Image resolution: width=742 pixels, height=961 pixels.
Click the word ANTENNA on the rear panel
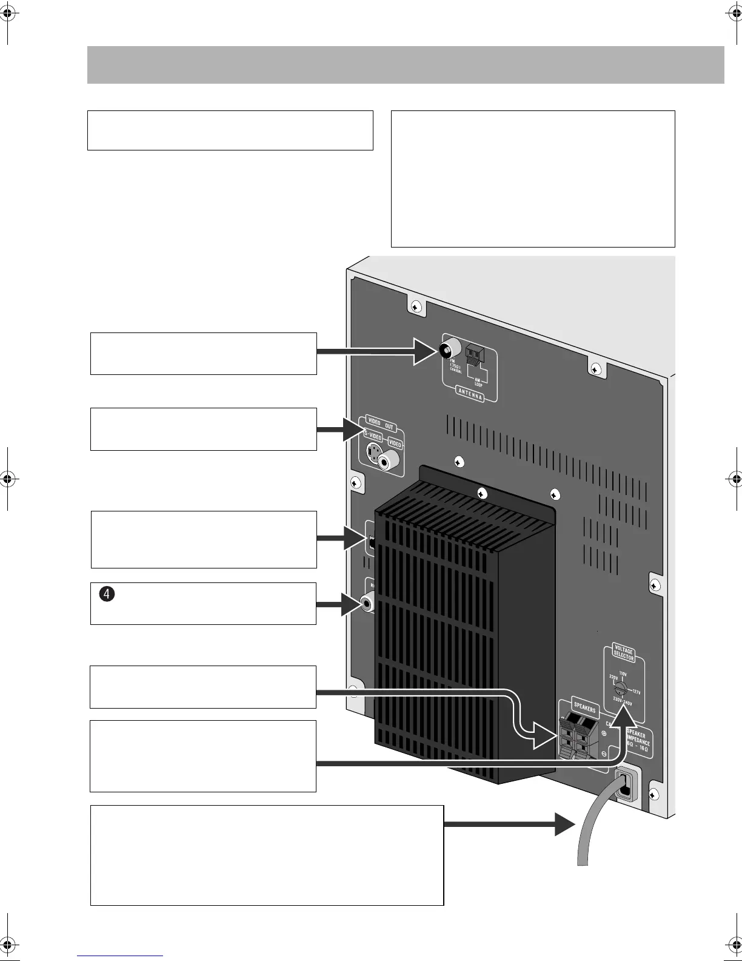(470, 394)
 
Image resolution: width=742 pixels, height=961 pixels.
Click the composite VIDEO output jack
(388, 461)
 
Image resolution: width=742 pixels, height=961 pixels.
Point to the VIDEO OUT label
(381, 423)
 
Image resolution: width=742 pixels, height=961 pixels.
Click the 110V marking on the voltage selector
(623, 673)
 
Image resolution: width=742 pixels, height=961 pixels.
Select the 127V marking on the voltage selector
(637, 692)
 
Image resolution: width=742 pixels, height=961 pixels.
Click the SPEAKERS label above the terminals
(584, 708)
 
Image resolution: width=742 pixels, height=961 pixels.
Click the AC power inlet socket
(627, 785)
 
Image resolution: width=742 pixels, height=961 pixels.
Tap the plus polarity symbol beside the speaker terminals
(604, 733)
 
